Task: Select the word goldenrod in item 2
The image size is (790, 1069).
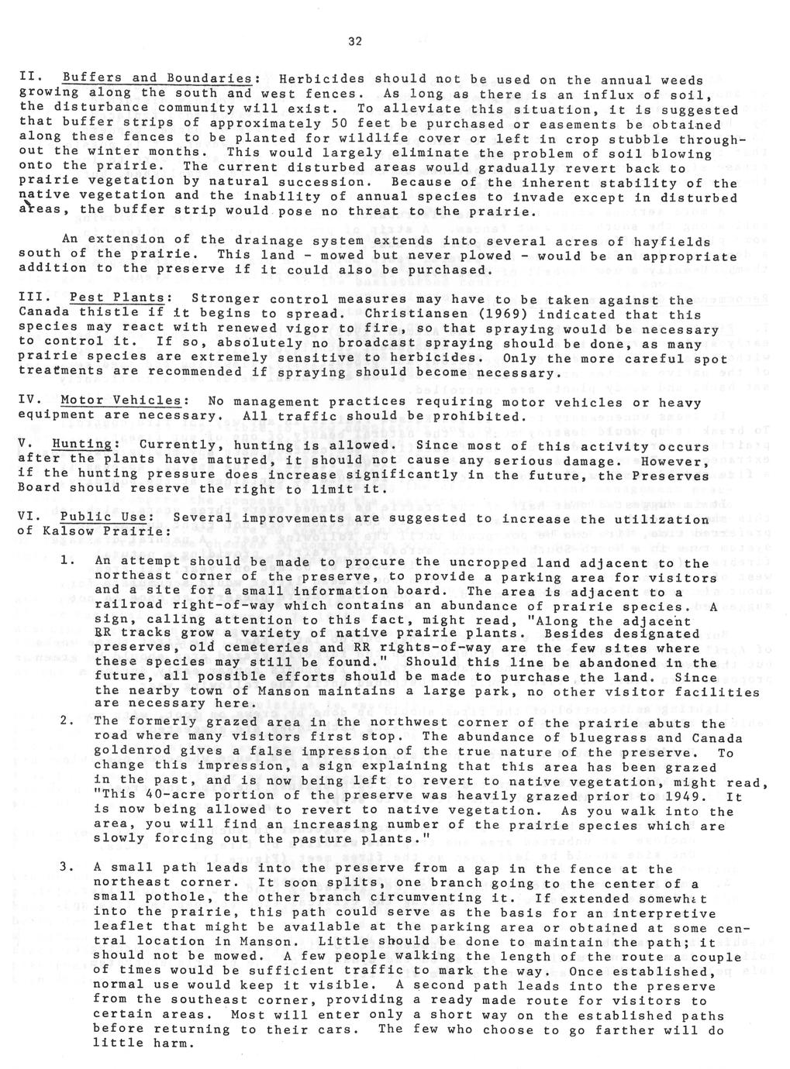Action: click(133, 752)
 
